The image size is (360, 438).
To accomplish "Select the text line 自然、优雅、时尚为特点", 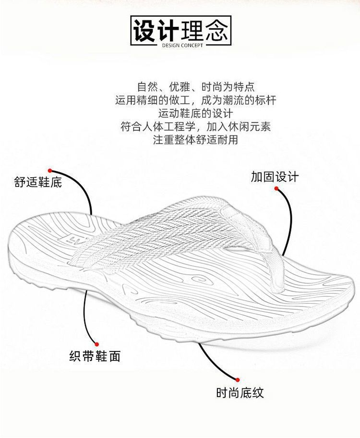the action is click(x=195, y=87).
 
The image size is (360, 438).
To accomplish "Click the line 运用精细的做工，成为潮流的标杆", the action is click(x=195, y=100).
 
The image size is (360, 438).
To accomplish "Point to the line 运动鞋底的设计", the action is click(x=195, y=114).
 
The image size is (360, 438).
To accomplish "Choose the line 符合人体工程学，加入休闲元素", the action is click(x=195, y=127).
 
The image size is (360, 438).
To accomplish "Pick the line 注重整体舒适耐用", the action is click(x=195, y=140).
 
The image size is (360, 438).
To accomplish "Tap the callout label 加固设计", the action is click(x=275, y=176).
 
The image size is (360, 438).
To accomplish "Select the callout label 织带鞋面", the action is click(x=95, y=356).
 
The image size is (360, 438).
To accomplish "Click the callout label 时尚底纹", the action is click(x=240, y=393).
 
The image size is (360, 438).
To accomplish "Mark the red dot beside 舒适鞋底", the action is click(x=49, y=170).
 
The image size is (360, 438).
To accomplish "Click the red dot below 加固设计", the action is click(x=276, y=189).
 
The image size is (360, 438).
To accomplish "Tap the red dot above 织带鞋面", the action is click(x=96, y=344).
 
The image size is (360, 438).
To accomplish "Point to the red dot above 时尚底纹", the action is click(x=236, y=379).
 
